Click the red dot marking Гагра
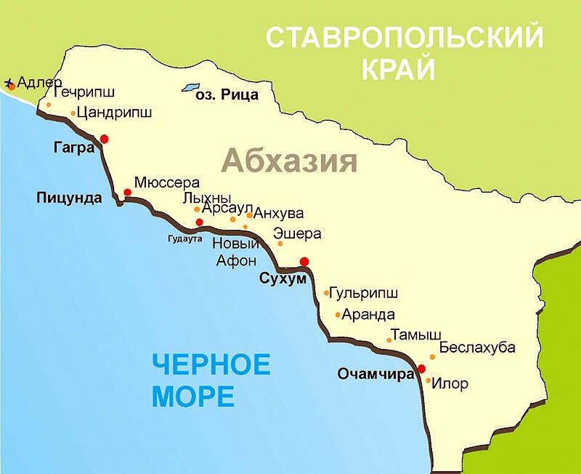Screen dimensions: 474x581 tap(105, 138)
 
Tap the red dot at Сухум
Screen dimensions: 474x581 tap(304, 262)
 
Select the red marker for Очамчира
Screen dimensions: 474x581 tap(422, 369)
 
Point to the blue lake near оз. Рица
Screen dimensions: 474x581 tap(191, 87)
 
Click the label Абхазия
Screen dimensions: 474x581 tap(290, 160)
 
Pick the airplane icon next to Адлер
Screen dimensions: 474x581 tap(9, 84)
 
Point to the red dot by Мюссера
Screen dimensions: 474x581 tap(128, 193)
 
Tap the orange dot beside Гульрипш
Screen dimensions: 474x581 tap(326, 294)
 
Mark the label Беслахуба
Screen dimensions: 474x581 tap(477, 348)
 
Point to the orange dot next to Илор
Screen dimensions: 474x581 tap(428, 380)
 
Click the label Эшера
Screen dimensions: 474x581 tap(297, 234)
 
